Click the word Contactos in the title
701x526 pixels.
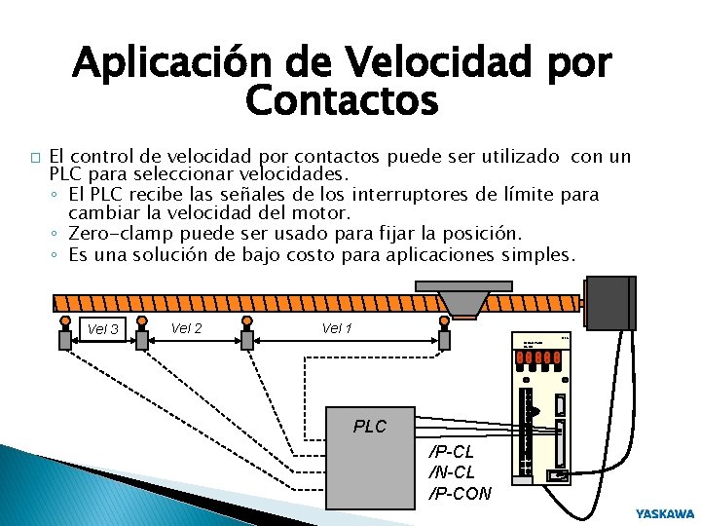[342, 99]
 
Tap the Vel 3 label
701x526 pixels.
[102, 329]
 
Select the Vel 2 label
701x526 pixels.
[185, 327]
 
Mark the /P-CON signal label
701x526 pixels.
[461, 492]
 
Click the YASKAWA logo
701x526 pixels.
[665, 512]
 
